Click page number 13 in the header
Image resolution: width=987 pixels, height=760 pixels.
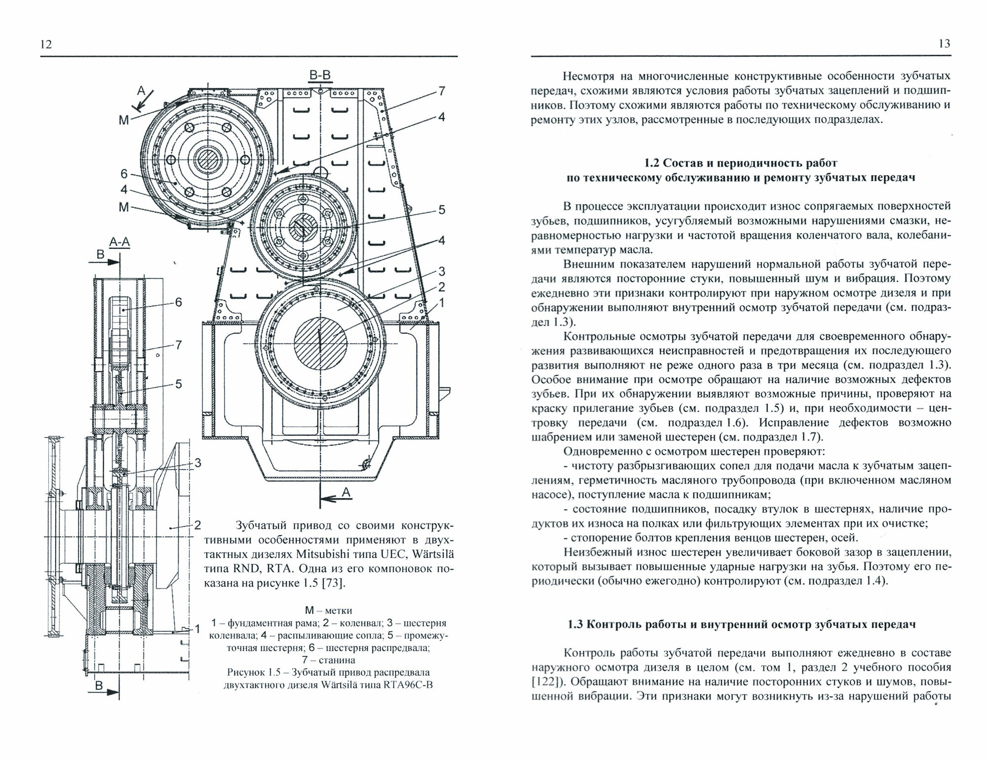pyautogui.click(x=944, y=44)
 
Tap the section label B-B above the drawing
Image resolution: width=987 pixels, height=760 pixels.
pyautogui.click(x=320, y=75)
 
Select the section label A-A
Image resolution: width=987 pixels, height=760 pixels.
pyautogui.click(x=119, y=242)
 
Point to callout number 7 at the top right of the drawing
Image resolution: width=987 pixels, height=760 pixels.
pyautogui.click(x=441, y=91)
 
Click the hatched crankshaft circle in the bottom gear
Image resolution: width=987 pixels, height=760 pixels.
pyautogui.click(x=321, y=340)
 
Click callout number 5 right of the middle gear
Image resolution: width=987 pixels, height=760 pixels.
pyautogui.click(x=442, y=210)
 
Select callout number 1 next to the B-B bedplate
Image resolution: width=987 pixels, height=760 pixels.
pyautogui.click(x=442, y=303)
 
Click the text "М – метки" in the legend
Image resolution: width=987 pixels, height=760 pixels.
pyautogui.click(x=328, y=611)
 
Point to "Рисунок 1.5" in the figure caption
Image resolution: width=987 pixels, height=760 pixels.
pyautogui.click(x=253, y=672)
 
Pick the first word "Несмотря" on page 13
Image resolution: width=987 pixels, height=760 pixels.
pyautogui.click(x=588, y=76)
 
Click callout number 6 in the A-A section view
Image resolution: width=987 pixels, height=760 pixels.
pyautogui.click(x=178, y=302)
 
